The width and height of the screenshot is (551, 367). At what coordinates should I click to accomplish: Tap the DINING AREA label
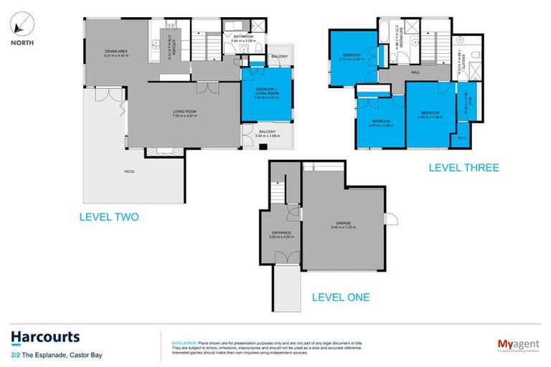[116, 52]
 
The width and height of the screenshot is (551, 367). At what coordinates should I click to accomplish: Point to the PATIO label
[128, 172]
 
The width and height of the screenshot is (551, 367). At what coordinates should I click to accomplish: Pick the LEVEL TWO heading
[110, 216]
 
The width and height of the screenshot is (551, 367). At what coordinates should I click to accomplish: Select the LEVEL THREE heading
[463, 168]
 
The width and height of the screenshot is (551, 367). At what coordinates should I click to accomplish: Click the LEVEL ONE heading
[341, 297]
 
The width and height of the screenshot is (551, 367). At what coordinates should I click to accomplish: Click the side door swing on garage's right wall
[390, 219]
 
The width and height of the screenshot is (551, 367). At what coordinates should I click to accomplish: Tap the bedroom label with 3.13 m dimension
[352, 55]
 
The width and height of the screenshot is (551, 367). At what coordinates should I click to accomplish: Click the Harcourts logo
[45, 337]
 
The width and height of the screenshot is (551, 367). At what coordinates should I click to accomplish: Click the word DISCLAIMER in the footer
[176, 334]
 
